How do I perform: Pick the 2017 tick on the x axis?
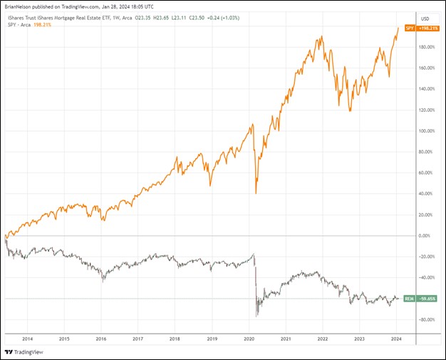tap(138, 339)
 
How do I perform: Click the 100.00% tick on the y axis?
tap(426, 131)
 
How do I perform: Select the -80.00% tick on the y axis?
tap(425, 319)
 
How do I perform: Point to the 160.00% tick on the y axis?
tap(426, 68)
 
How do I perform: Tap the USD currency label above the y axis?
tap(425, 18)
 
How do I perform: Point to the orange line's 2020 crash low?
tap(256, 192)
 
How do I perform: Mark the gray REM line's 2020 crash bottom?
tap(256, 315)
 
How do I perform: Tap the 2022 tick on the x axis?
tap(322, 339)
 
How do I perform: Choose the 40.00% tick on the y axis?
tap(426, 194)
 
